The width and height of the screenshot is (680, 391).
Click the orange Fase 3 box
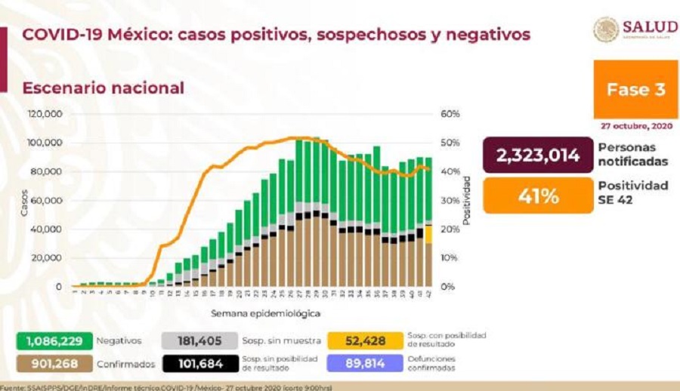pos(635,90)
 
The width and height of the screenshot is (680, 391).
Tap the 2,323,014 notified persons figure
pos(537,155)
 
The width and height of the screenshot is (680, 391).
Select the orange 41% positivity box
pos(537,196)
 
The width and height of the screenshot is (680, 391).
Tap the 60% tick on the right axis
pos(450,115)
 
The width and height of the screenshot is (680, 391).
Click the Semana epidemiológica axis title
pos(275,312)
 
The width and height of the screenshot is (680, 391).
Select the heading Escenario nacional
pos(103,88)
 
